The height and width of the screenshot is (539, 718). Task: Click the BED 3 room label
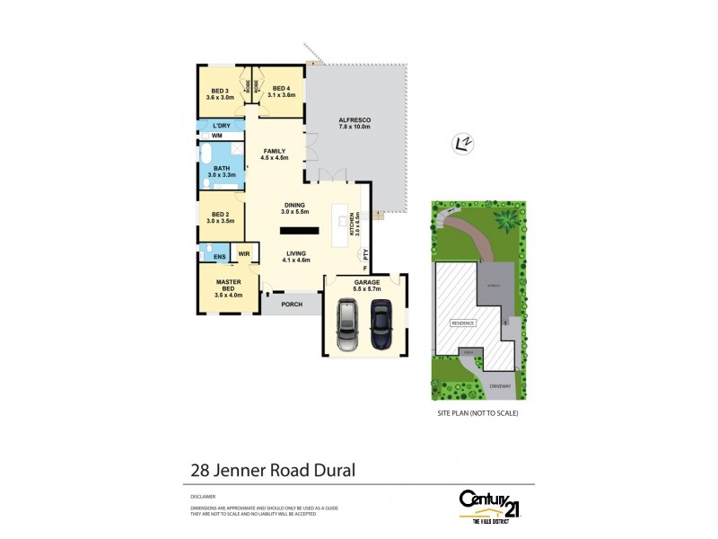(220, 91)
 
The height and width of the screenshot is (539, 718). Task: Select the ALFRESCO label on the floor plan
(355, 119)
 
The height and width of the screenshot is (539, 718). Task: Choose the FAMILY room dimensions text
(274, 158)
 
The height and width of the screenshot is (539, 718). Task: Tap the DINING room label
(294, 205)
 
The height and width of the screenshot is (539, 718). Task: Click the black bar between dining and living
(292, 227)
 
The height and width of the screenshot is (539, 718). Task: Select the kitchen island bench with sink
(342, 225)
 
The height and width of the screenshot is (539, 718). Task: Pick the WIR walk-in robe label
(243, 254)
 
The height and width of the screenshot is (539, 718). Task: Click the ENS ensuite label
(219, 258)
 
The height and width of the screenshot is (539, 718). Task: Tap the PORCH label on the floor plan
(290, 305)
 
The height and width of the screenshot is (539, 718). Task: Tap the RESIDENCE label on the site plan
(463, 322)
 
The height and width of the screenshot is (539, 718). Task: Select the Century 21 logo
(490, 502)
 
